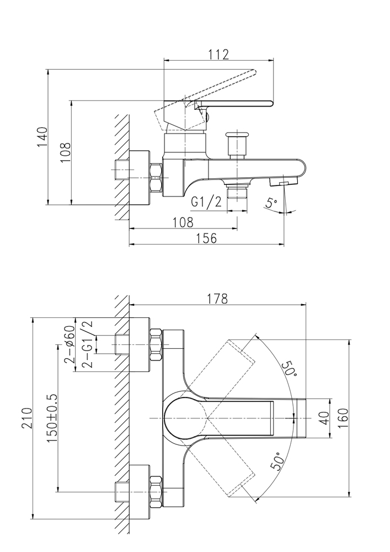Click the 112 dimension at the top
coord(219,54)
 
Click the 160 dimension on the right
coord(343,418)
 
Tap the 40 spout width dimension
coord(324,418)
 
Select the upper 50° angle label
coord(289,369)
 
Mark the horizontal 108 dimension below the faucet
coord(183,222)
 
